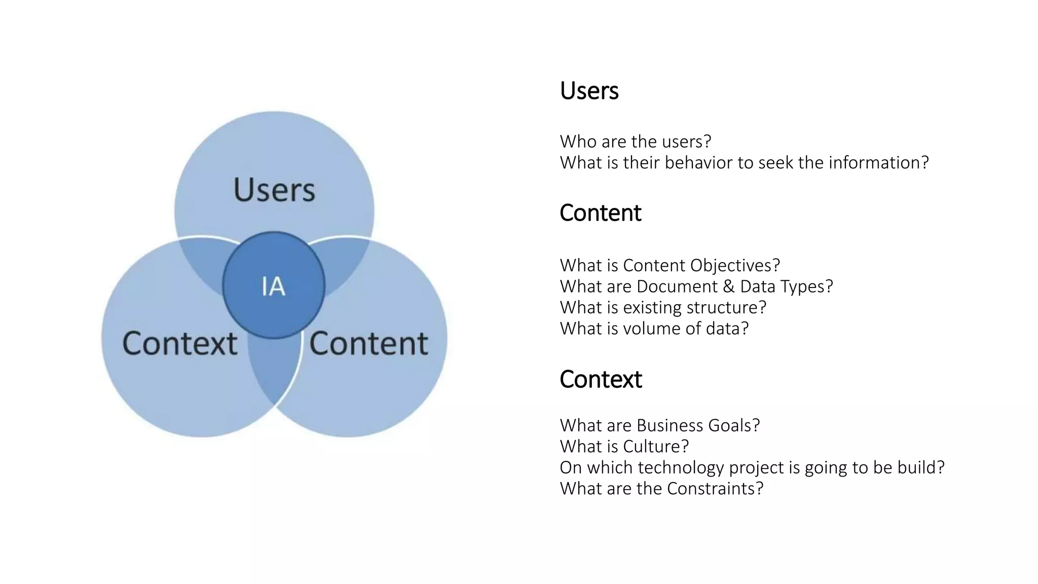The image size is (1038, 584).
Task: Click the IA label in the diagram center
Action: [x=273, y=286]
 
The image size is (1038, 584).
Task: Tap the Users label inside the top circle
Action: [x=274, y=190]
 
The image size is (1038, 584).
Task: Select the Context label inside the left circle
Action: [x=179, y=344]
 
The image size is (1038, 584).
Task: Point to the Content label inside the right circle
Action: [x=368, y=344]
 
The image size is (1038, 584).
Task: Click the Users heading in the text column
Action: [x=589, y=91]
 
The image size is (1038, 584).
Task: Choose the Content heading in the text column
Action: [x=600, y=213]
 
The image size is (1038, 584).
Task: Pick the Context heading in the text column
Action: [x=601, y=379]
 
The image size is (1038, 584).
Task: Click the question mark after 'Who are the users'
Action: [x=708, y=141]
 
